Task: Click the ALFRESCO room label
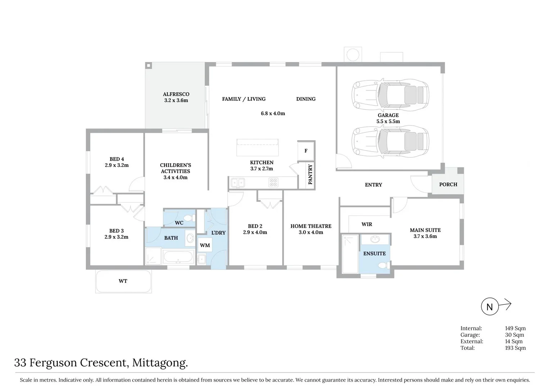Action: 176,94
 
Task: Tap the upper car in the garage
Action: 390,95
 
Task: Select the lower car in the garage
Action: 390,141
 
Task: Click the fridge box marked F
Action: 306,151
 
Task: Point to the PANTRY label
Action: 310,174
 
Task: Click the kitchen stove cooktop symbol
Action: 273,183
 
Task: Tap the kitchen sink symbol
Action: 238,183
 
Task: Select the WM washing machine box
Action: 205,245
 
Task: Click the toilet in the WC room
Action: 188,218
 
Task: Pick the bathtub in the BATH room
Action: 178,257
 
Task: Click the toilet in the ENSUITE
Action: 382,265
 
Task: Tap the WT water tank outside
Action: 123,281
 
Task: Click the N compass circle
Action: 490,307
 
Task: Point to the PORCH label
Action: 448,184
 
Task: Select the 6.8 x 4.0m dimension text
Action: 273,113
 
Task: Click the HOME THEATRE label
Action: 311,226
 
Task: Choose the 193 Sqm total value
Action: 515,348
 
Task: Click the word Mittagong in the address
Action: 160,362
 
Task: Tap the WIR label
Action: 367,224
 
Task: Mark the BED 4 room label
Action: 117,159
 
